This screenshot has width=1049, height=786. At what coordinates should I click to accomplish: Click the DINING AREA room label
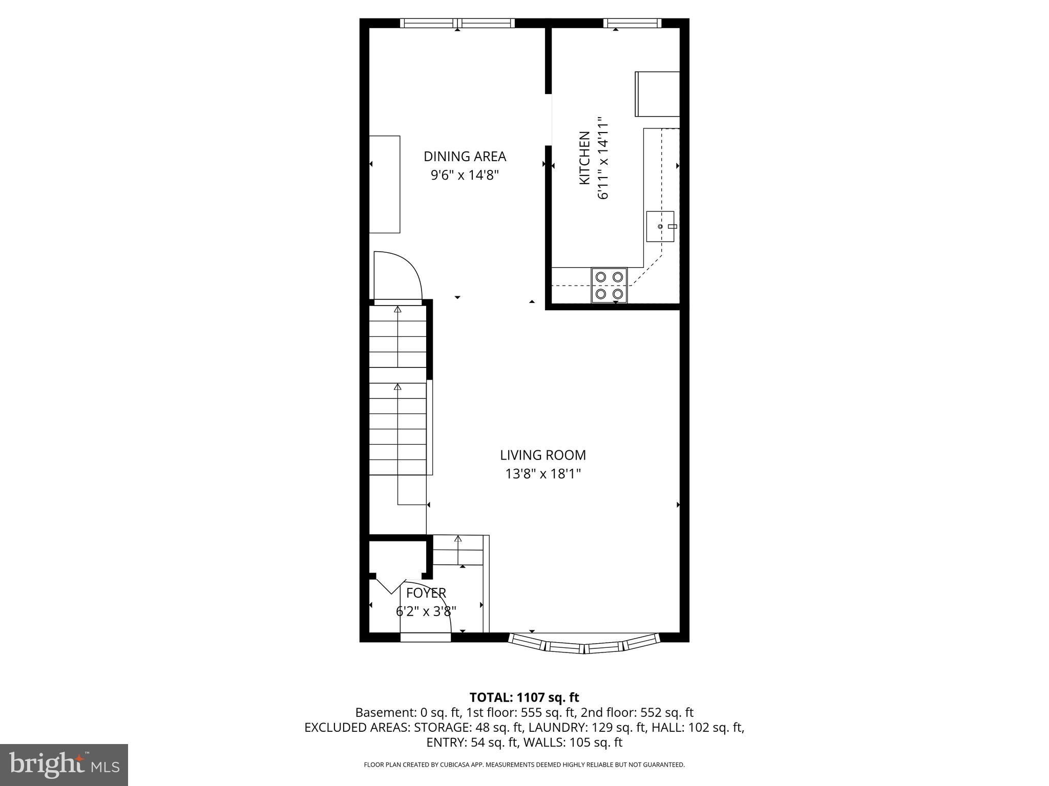tap(465, 157)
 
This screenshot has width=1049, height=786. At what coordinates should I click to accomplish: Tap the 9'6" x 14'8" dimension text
tap(465, 176)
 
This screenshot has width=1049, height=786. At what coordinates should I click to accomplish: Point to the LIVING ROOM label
tap(543, 455)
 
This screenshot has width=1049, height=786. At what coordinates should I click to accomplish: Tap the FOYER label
tap(426, 593)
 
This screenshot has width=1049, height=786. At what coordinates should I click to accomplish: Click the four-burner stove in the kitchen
tap(609, 285)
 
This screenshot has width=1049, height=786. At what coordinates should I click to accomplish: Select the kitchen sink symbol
tap(660, 226)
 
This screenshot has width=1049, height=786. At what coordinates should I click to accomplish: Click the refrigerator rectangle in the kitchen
tap(657, 94)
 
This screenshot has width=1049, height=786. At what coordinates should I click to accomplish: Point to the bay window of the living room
tap(584, 645)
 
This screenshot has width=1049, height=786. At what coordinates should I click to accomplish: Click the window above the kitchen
tap(632, 23)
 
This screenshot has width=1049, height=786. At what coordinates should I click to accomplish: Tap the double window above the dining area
tap(457, 23)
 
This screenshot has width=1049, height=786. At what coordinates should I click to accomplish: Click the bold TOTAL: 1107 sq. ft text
tap(524, 697)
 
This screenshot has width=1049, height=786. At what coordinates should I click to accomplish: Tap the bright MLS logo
tap(64, 765)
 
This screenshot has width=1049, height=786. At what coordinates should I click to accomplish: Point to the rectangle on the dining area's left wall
tap(385, 184)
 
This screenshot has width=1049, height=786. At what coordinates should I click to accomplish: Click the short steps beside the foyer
tap(458, 550)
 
